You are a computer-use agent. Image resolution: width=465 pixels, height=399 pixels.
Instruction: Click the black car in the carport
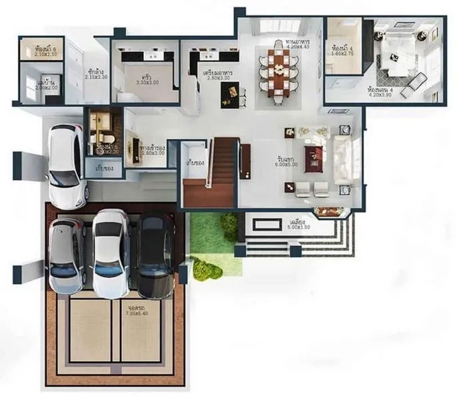pyautogui.click(x=155, y=255)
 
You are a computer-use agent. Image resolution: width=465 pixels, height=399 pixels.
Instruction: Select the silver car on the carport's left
pyautogui.click(x=67, y=255)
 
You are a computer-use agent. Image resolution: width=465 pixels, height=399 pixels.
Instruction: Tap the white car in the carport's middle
pyautogui.click(x=111, y=253)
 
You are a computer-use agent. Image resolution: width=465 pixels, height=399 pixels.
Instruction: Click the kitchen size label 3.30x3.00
pyautogui.click(x=148, y=82)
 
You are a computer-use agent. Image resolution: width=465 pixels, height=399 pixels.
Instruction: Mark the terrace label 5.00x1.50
pyautogui.click(x=297, y=227)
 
